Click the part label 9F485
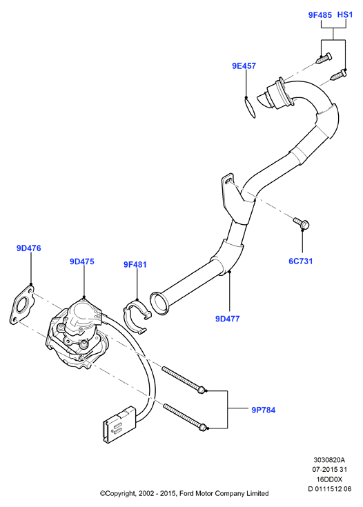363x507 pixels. tap(320, 15)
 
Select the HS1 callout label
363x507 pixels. tap(345, 15)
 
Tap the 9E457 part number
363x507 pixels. tap(244, 66)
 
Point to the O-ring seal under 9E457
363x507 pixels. tap(250, 108)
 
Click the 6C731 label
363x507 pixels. tap(301, 261)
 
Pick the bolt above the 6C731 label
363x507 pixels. tap(302, 223)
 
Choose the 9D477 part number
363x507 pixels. tap(228, 319)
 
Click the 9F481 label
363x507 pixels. tap(135, 265)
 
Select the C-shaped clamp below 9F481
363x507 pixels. tap(137, 315)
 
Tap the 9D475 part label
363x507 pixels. tap(82, 261)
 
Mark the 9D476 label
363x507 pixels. tap(29, 248)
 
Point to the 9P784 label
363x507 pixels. tap(264, 410)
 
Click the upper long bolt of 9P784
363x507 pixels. tap(184, 380)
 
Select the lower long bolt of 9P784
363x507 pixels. tap(185, 417)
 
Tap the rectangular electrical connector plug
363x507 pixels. tap(119, 424)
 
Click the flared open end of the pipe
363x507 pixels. tap(159, 303)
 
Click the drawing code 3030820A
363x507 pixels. tap(329, 460)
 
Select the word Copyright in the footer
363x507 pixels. tap(118, 494)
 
